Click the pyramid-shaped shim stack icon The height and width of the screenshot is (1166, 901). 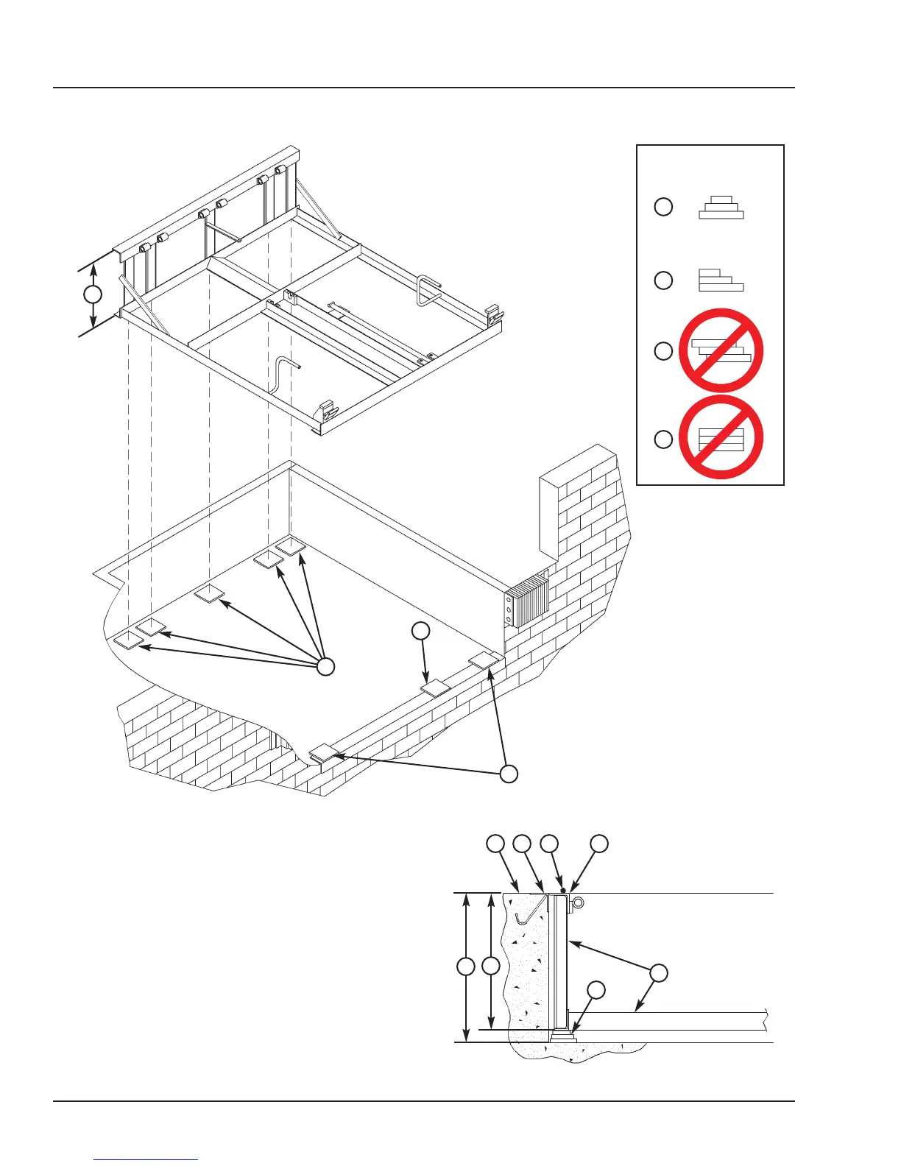coord(721,208)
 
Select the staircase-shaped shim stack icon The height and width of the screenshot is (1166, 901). coord(721,280)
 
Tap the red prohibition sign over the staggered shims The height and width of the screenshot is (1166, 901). coord(721,350)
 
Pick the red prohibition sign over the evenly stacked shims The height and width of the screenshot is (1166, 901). coord(721,438)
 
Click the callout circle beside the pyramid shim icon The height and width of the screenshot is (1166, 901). coord(663,207)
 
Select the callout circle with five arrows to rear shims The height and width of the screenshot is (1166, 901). coord(325,667)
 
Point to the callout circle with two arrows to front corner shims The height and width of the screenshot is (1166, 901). coord(509,774)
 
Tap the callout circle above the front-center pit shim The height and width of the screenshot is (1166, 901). coord(420,630)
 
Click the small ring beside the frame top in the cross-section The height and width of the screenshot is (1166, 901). coord(579,902)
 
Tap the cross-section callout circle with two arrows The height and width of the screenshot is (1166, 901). coord(659,972)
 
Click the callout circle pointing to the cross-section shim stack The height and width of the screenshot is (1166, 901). coord(596,990)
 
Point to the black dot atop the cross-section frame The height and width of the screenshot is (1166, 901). coord(563,891)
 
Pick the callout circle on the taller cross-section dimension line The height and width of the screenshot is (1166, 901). coord(465,967)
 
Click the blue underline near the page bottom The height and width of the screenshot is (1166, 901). coord(146,1159)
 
